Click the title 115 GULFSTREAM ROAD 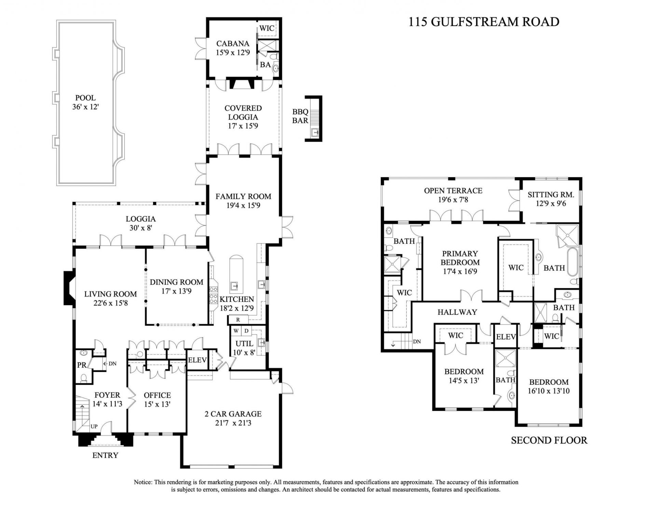pyautogui.click(x=484, y=22)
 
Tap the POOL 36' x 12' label pyautogui.click(x=85, y=102)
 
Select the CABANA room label pyautogui.click(x=233, y=44)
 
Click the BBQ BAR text pyautogui.click(x=300, y=116)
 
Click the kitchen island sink pyautogui.click(x=234, y=285)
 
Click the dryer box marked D pyautogui.click(x=246, y=331)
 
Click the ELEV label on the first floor pyautogui.click(x=197, y=360)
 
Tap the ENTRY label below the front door pyautogui.click(x=105, y=455)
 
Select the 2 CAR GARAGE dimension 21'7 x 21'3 pyautogui.click(x=233, y=423)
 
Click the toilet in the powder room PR pyautogui.click(x=83, y=378)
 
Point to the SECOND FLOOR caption pyautogui.click(x=549, y=440)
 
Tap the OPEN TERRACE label pyautogui.click(x=453, y=191)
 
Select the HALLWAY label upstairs pyautogui.click(x=457, y=312)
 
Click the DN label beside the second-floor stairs pyautogui.click(x=417, y=341)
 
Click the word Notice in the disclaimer pyautogui.click(x=143, y=482)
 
